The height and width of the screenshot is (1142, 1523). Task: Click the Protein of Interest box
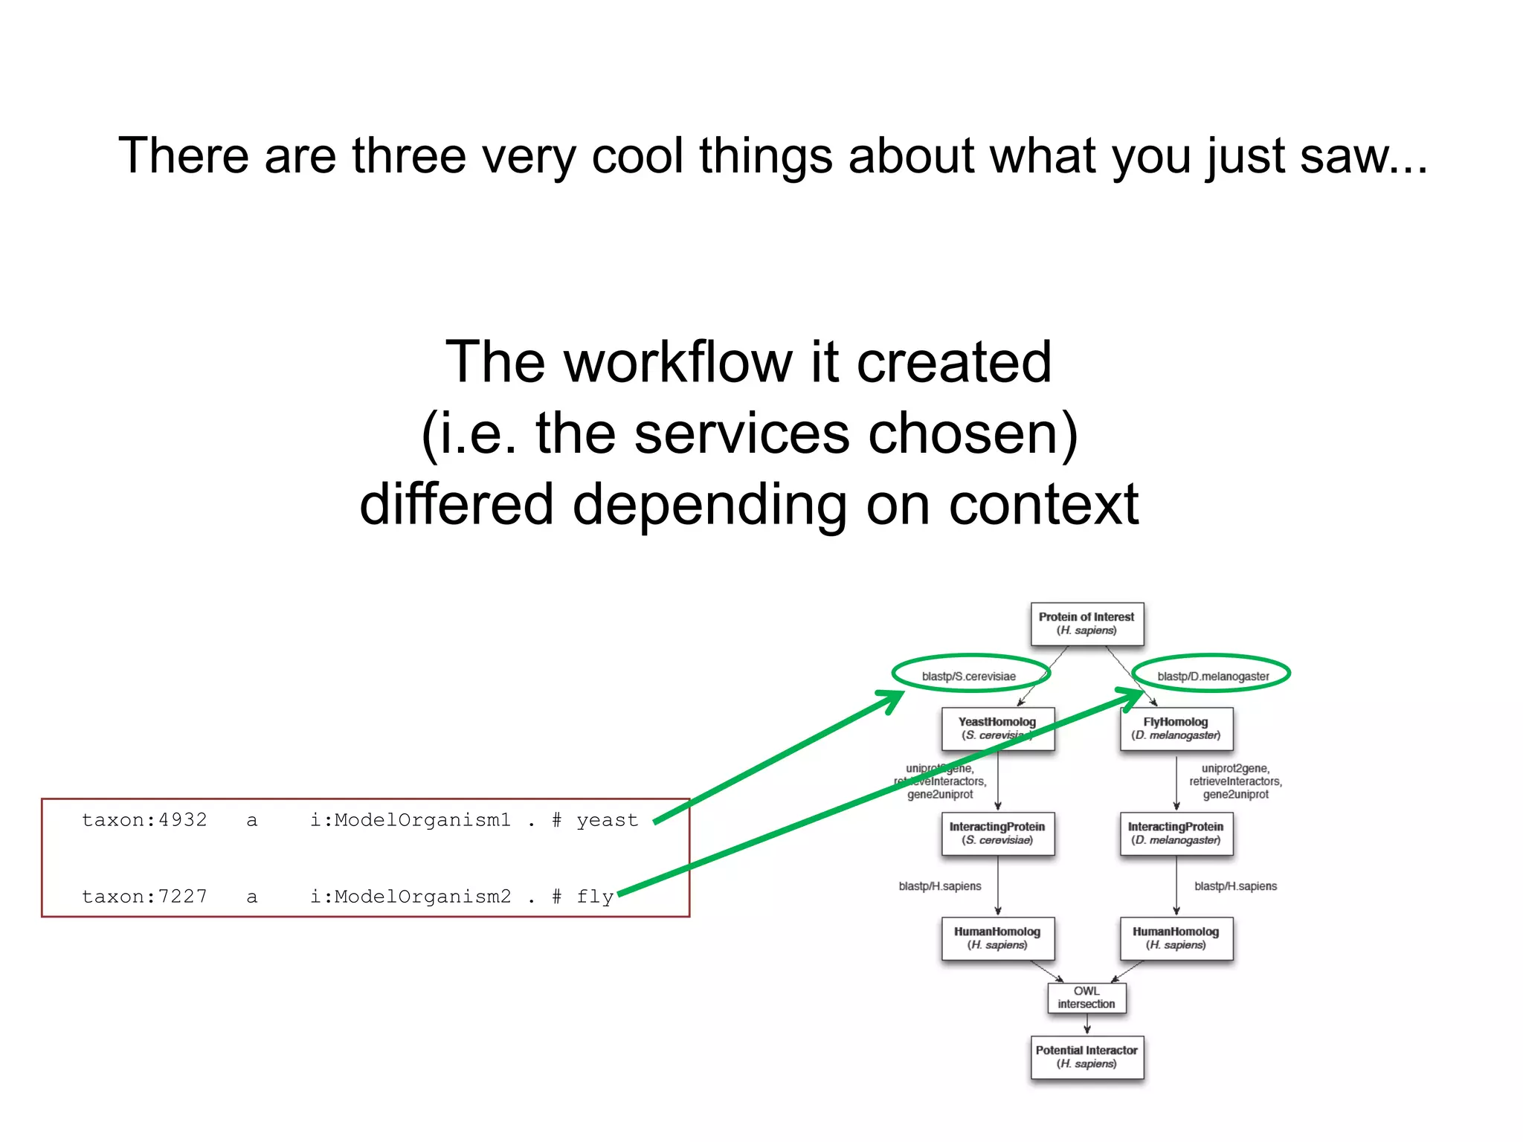pos(1086,624)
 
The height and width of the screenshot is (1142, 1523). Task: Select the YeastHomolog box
pos(997,729)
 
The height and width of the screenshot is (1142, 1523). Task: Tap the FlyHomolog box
pos(1176,729)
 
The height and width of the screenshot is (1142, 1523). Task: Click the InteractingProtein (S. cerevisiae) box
pos(997,833)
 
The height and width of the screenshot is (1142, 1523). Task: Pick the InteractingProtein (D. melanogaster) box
pos(1176,833)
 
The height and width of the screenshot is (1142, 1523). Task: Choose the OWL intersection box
pos(1086,998)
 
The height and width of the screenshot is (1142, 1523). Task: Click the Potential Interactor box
pos(1086,1057)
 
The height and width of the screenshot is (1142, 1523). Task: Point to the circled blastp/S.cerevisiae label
pos(969,676)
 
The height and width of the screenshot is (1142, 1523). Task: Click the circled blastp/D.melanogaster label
pos(1213,676)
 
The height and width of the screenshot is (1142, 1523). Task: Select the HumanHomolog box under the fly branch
pos(1176,938)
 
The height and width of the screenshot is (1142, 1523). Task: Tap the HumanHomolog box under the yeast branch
pos(997,938)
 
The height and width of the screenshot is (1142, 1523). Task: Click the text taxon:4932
pos(144,820)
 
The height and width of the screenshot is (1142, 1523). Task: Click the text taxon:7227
pos(144,897)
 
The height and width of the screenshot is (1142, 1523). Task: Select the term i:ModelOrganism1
pos(410,820)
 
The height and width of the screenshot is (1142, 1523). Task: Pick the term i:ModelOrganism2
pos(410,897)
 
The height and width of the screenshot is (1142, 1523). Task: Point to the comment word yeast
pos(607,820)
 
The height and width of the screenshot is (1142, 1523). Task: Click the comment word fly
pos(595,897)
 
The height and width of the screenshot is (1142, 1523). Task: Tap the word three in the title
pos(408,156)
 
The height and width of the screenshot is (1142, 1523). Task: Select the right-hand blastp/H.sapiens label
pos(1235,886)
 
